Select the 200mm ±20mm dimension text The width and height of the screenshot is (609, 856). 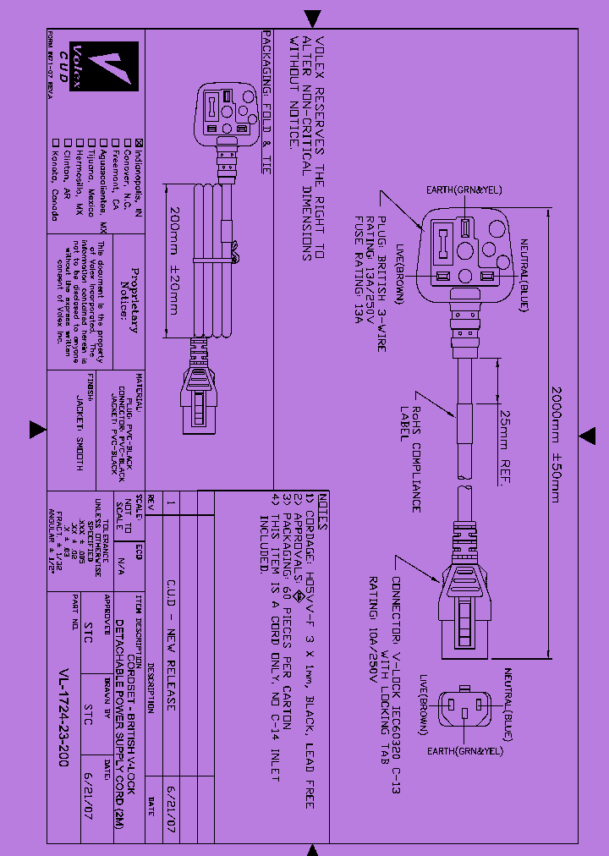click(172, 261)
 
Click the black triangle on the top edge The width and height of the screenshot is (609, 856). click(313, 17)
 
